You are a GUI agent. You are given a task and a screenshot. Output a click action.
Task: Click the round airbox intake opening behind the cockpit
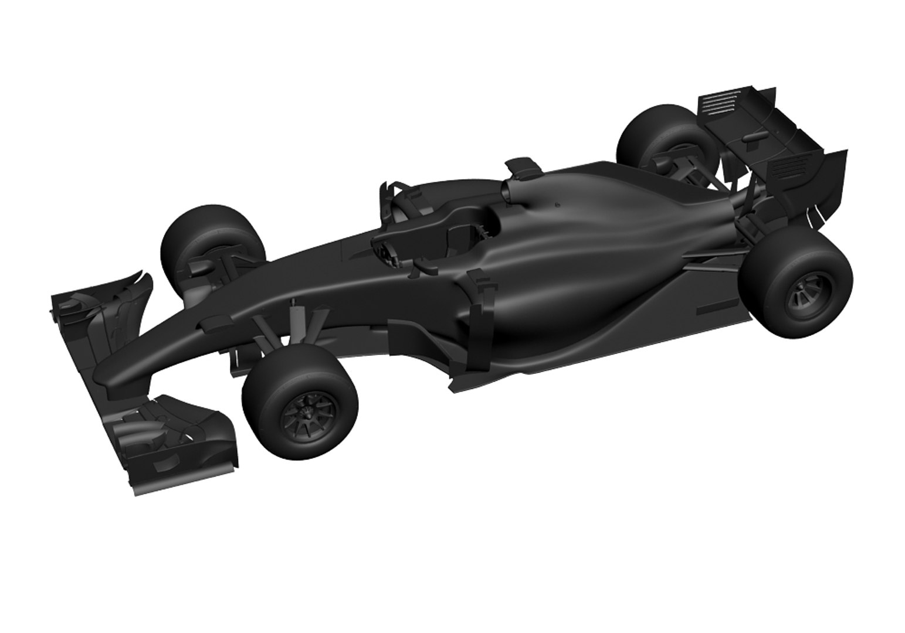tap(506, 192)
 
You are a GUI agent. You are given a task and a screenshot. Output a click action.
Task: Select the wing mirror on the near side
tap(427, 266)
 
